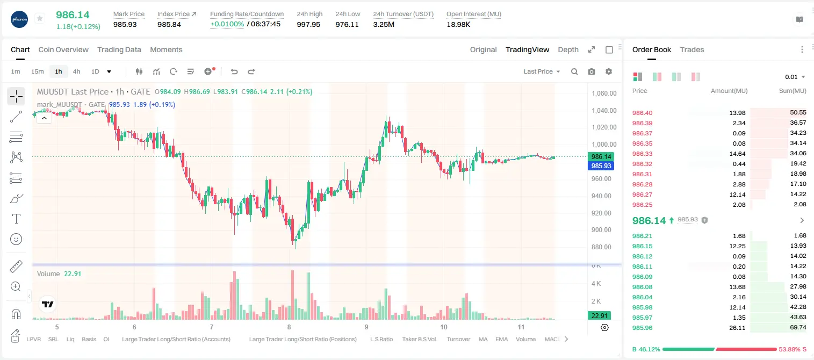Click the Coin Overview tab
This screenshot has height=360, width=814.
click(x=63, y=49)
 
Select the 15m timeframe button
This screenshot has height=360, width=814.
click(x=38, y=71)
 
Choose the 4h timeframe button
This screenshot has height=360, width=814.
click(x=76, y=71)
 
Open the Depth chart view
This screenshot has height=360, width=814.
click(x=568, y=49)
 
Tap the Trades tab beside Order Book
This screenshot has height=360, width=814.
click(x=692, y=49)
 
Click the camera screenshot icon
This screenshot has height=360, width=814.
click(x=592, y=71)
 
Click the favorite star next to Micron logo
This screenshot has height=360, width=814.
click(x=40, y=18)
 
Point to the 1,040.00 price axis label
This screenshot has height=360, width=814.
click(x=604, y=111)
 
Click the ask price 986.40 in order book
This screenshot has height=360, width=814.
click(x=642, y=113)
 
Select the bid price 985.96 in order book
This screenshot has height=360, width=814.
click(x=642, y=328)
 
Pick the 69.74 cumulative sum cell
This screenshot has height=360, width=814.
click(x=798, y=327)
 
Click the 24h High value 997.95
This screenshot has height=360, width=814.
click(x=308, y=24)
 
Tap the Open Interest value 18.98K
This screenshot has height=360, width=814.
click(x=458, y=24)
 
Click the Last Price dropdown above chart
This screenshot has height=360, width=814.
click(x=542, y=71)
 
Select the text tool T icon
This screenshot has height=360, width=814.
click(x=16, y=219)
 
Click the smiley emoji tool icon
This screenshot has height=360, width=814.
click(x=16, y=239)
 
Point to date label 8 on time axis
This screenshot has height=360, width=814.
click(x=289, y=327)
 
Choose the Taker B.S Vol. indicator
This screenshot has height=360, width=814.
click(x=419, y=339)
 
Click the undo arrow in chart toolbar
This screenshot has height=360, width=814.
click(x=234, y=71)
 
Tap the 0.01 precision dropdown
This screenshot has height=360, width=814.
click(x=795, y=77)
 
